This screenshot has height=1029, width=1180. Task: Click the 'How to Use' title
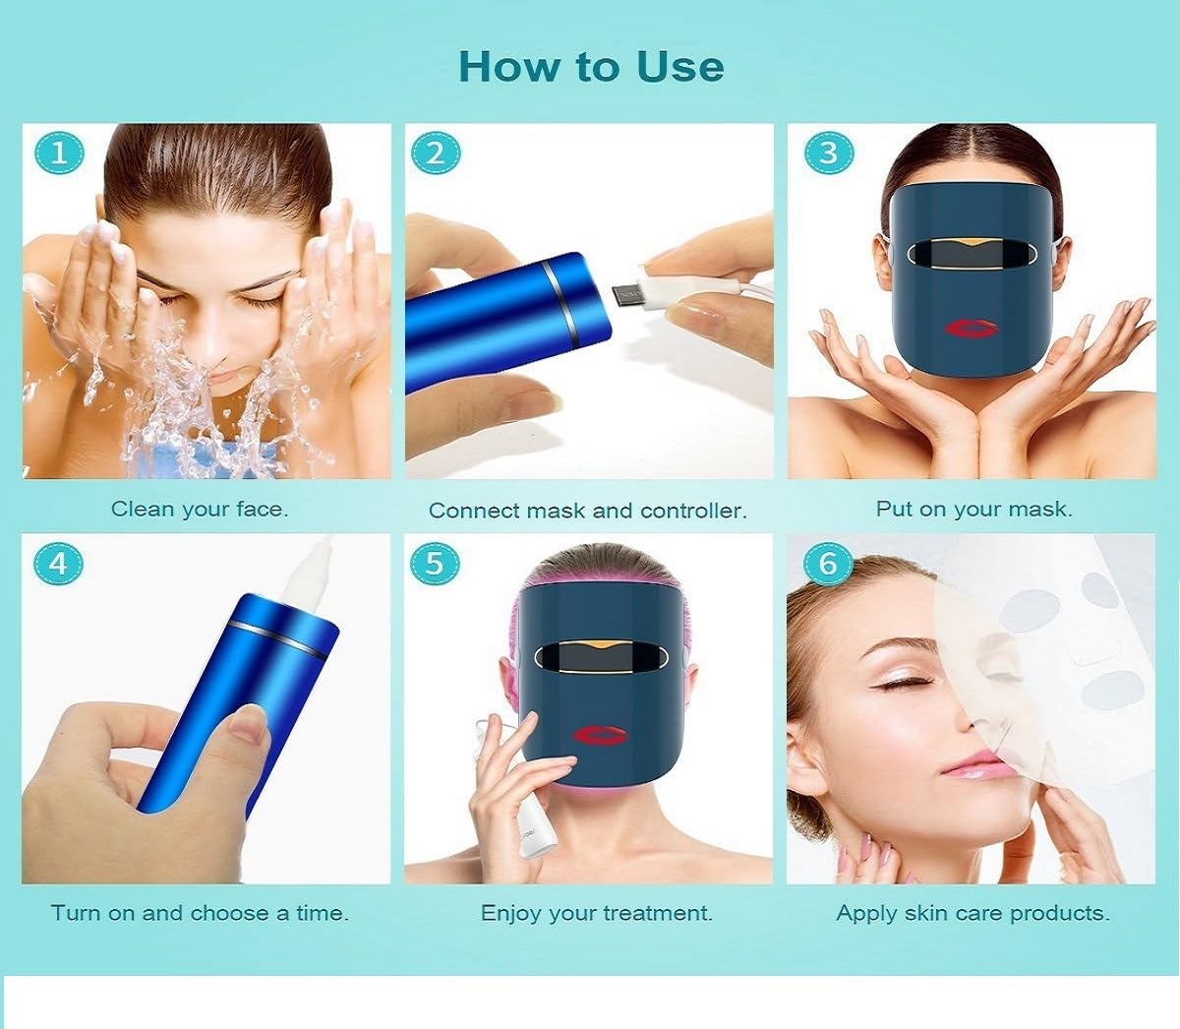point(591,66)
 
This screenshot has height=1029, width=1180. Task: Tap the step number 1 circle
point(59,153)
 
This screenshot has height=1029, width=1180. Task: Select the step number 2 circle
point(436,153)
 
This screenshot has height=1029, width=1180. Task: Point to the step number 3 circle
point(828,153)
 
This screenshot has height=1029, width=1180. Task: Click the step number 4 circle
point(59,563)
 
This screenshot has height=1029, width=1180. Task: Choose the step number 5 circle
point(436,563)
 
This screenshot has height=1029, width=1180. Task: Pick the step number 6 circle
point(828,563)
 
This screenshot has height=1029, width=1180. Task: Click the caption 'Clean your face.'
point(200,509)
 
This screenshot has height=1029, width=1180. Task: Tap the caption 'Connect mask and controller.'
point(588,511)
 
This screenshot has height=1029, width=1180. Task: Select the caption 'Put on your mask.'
point(973,509)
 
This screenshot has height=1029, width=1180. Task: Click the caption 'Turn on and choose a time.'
point(200,913)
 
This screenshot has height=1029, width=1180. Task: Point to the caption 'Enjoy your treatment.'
point(596,913)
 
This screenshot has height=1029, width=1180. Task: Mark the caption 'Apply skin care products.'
point(973,913)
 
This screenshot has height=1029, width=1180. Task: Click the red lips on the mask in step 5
point(599,736)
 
